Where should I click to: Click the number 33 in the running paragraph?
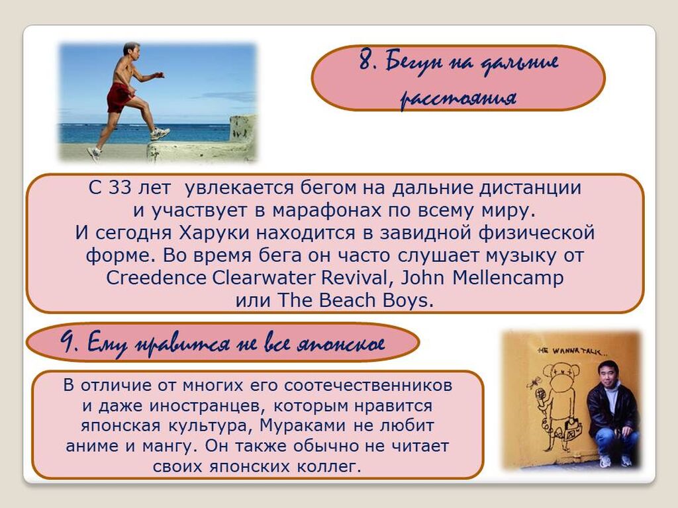click(x=119, y=188)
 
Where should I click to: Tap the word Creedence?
click(x=156, y=278)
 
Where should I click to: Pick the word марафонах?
click(x=326, y=211)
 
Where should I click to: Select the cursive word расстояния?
click(x=458, y=98)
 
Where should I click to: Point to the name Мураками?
click(x=302, y=426)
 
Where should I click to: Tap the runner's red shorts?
click(x=119, y=97)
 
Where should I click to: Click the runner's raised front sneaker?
click(x=160, y=134)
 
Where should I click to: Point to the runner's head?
click(x=131, y=50)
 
